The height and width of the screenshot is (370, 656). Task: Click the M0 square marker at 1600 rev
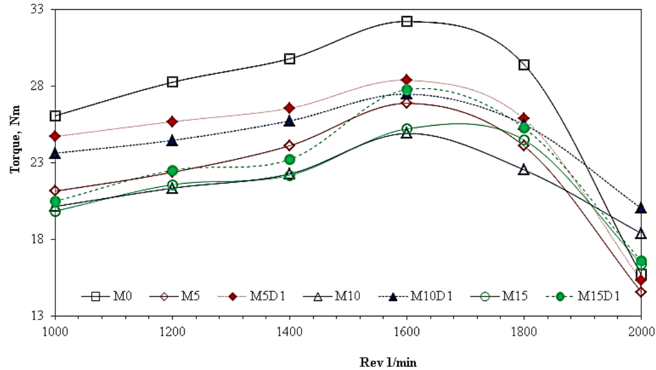point(407,22)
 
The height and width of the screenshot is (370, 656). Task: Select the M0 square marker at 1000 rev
point(55,116)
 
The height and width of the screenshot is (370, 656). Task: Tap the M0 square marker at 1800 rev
point(524,65)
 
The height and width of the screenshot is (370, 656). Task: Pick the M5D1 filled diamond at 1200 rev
point(172,121)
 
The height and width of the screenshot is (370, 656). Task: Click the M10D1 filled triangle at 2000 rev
point(641,208)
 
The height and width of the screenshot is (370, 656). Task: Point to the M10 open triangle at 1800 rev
point(524,170)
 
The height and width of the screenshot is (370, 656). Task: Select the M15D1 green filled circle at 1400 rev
point(290,160)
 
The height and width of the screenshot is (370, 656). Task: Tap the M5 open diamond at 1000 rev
point(55,191)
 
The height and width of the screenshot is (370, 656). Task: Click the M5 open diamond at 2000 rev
point(641,291)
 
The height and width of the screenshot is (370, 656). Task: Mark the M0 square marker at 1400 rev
point(290,59)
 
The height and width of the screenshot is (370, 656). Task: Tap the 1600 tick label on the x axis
point(407,331)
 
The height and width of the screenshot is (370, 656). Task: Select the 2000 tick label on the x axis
point(641,331)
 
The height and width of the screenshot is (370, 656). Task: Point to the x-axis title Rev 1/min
point(388,362)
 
